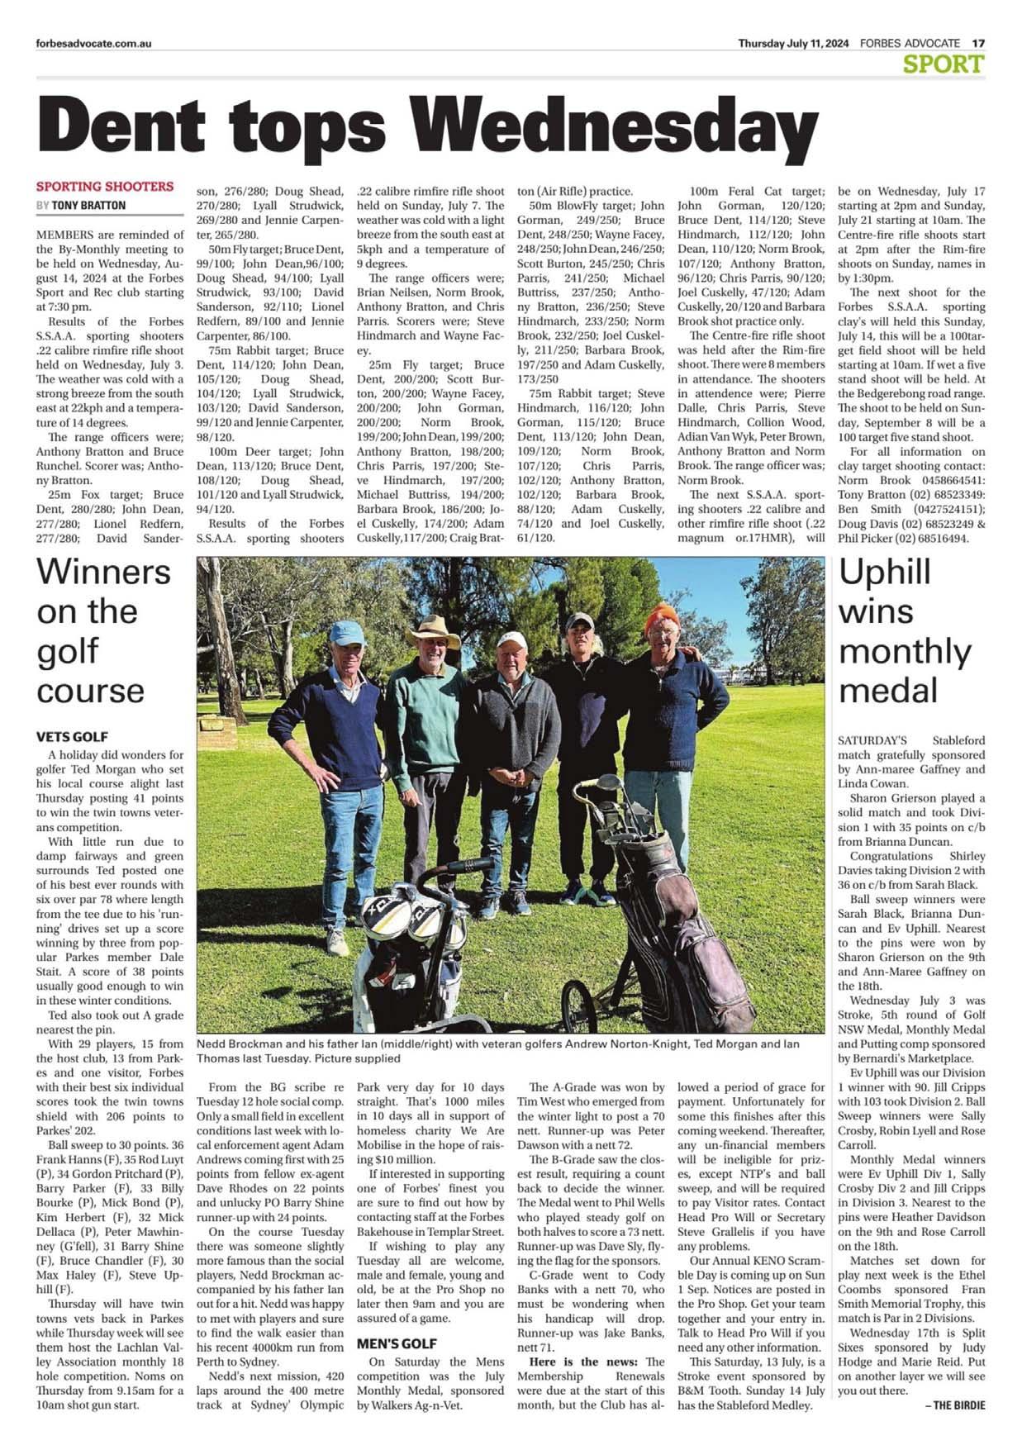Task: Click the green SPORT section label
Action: [x=944, y=64]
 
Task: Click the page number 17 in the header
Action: [x=978, y=43]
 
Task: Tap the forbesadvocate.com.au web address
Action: [x=93, y=44]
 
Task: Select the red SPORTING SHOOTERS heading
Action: [x=105, y=187]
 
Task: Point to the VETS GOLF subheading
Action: [x=72, y=736]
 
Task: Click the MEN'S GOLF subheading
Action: [x=397, y=1343]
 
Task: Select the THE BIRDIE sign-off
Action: [x=958, y=1405]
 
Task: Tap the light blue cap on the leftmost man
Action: [x=347, y=633]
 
